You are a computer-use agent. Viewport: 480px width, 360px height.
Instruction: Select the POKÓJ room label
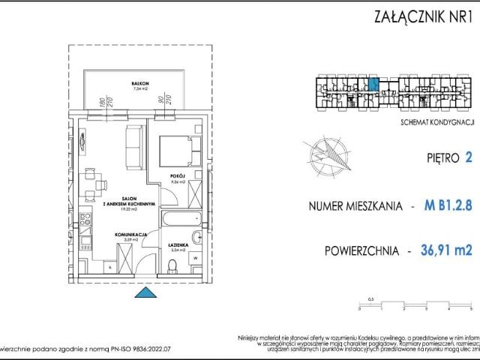tap(173, 176)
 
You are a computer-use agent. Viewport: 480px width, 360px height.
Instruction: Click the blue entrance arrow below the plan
tap(139, 293)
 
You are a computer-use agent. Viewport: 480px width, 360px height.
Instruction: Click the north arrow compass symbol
tap(329, 153)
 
